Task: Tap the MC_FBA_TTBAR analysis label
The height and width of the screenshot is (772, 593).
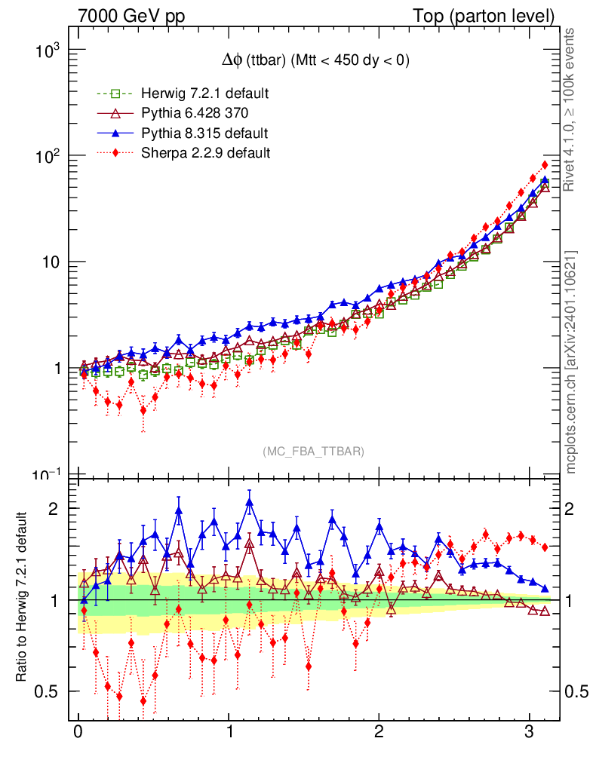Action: click(314, 451)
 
